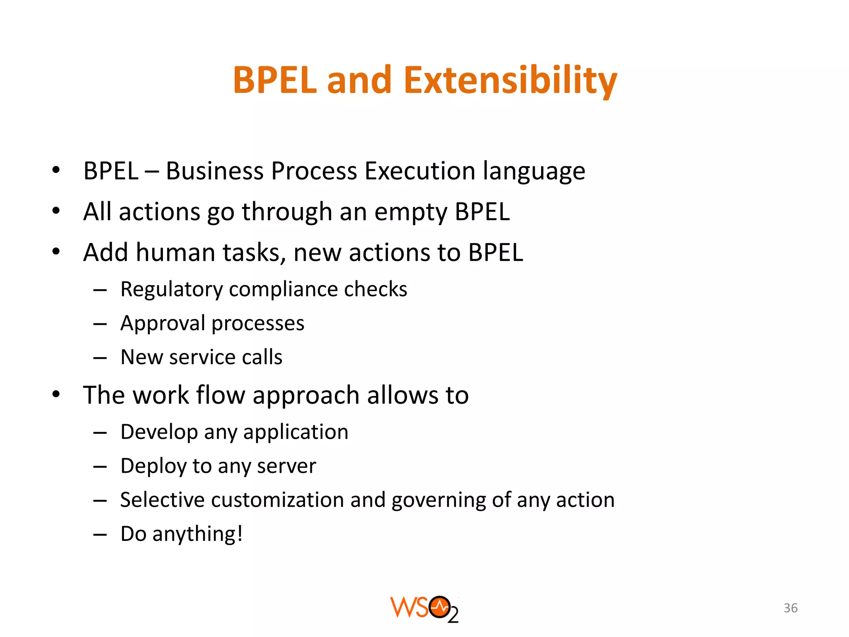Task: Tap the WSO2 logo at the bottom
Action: [424, 609]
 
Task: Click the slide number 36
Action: [791, 608]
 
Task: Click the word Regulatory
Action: [171, 290]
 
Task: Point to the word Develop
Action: [159, 433]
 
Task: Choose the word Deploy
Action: [153, 467]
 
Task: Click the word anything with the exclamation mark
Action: [197, 534]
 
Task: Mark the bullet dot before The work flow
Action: [56, 394]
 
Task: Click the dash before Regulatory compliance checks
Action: [100, 290]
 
